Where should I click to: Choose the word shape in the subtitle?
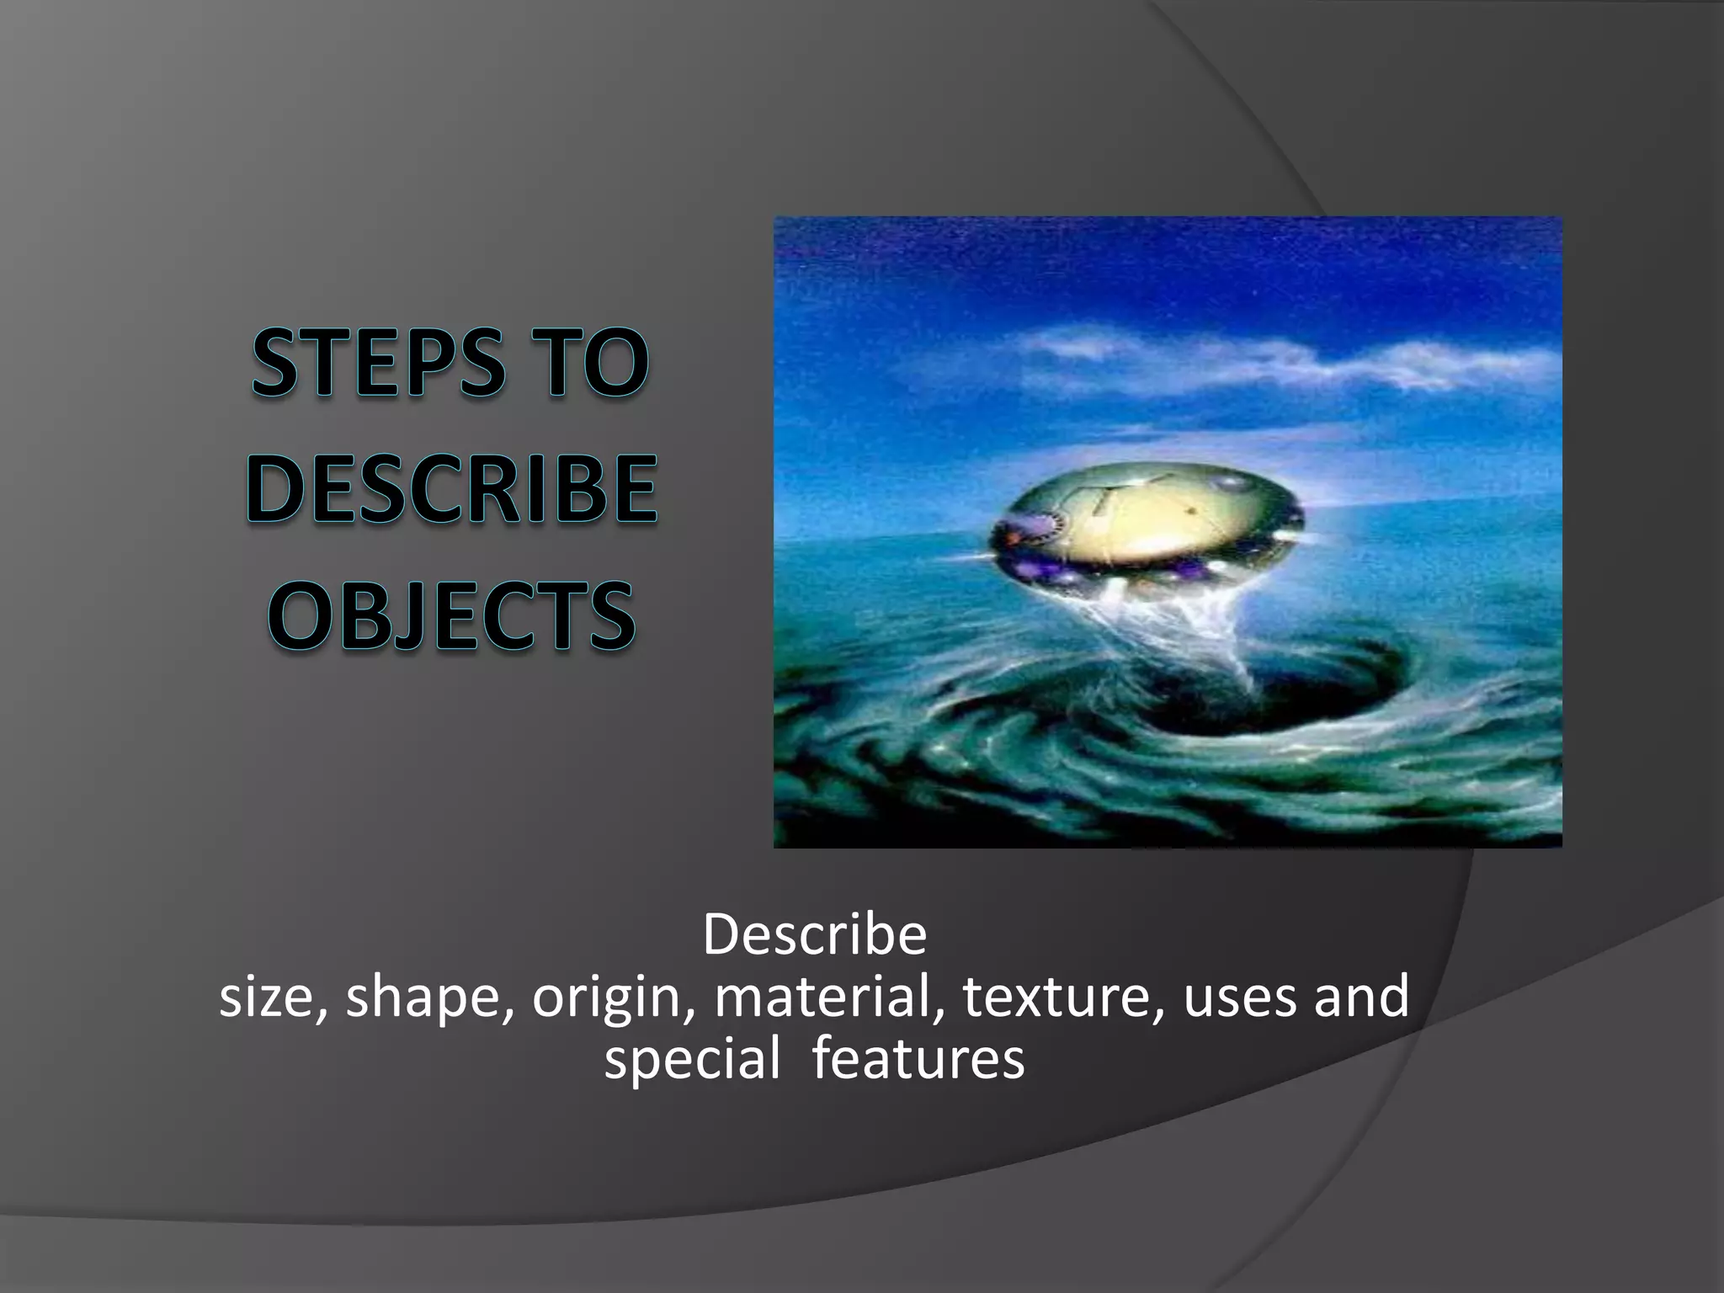429,998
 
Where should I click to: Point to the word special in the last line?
692,1060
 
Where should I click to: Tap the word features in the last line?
918,1060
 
